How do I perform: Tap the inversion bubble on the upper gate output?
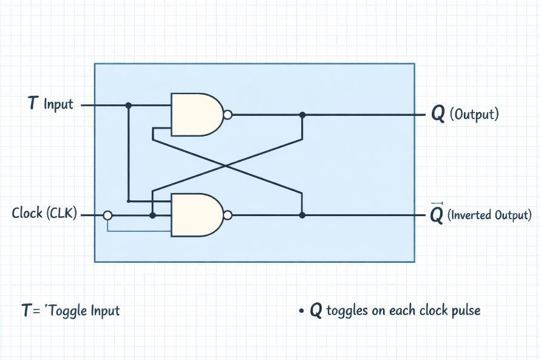pyautogui.click(x=228, y=114)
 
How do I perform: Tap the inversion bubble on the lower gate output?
pyautogui.click(x=228, y=215)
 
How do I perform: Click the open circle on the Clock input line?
pyautogui.click(x=107, y=215)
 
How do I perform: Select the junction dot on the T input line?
pyautogui.click(x=128, y=105)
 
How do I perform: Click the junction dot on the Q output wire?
pyautogui.click(x=302, y=114)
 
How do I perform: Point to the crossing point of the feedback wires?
pyautogui.click(x=227, y=165)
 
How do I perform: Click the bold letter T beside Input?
pyautogui.click(x=33, y=104)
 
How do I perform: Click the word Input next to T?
pyautogui.click(x=58, y=104)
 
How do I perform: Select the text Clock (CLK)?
pyautogui.click(x=44, y=214)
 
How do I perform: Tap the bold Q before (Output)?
pyautogui.click(x=437, y=115)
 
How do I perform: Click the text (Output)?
pyautogui.click(x=474, y=115)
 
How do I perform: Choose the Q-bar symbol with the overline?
pyautogui.click(x=436, y=215)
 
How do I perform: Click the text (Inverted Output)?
pyautogui.click(x=489, y=215)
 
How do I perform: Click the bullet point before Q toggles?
pyautogui.click(x=301, y=311)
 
